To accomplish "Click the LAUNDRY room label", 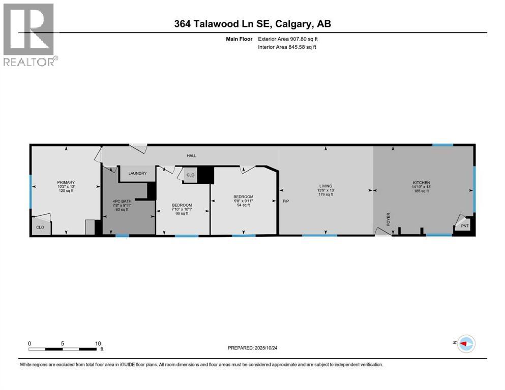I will [137, 174].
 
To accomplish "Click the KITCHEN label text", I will [421, 182].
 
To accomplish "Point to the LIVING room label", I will [325, 186].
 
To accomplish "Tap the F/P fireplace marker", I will [286, 202].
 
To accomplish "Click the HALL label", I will [191, 156].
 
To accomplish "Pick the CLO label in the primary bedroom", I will [40, 228].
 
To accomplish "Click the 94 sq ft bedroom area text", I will [243, 206].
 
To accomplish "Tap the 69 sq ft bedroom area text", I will [182, 213].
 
